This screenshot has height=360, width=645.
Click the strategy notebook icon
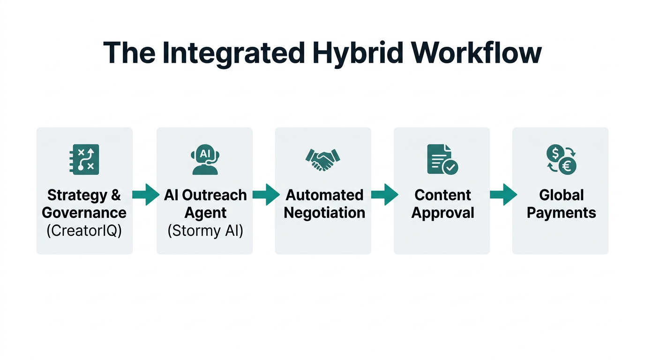(84, 159)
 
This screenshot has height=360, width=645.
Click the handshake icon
(322, 159)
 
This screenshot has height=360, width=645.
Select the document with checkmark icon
(442, 159)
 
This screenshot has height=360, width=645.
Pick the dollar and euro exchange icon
(561, 159)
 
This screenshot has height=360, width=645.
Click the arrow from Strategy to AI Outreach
(145, 195)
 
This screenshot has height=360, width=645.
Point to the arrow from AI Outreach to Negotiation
(266, 195)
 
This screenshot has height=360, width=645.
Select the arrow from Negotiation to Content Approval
(384, 195)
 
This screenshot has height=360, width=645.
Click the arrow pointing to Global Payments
(503, 195)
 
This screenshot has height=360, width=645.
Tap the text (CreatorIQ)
(84, 231)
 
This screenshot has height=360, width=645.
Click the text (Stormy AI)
(205, 231)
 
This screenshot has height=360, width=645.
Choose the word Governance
(84, 213)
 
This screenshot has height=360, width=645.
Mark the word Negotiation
(324, 213)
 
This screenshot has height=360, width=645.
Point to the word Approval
(442, 213)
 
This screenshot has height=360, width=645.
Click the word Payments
(561, 213)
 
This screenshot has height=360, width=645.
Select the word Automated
(324, 195)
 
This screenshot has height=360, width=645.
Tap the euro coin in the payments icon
(568, 166)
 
